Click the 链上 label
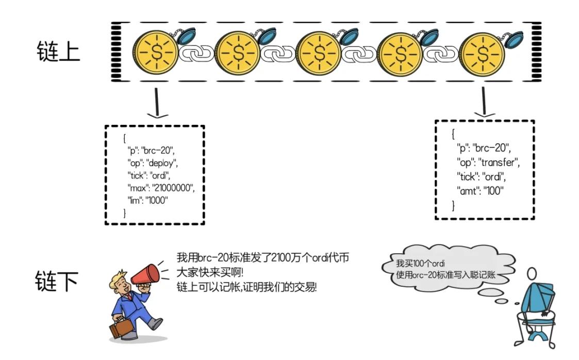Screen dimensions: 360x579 [58, 51]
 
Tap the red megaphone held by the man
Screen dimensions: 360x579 [146, 274]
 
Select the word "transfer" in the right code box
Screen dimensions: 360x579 [499, 163]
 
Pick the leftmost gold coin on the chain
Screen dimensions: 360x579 [155, 52]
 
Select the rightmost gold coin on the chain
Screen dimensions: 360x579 [482, 52]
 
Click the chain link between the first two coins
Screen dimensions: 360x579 [196, 53]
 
